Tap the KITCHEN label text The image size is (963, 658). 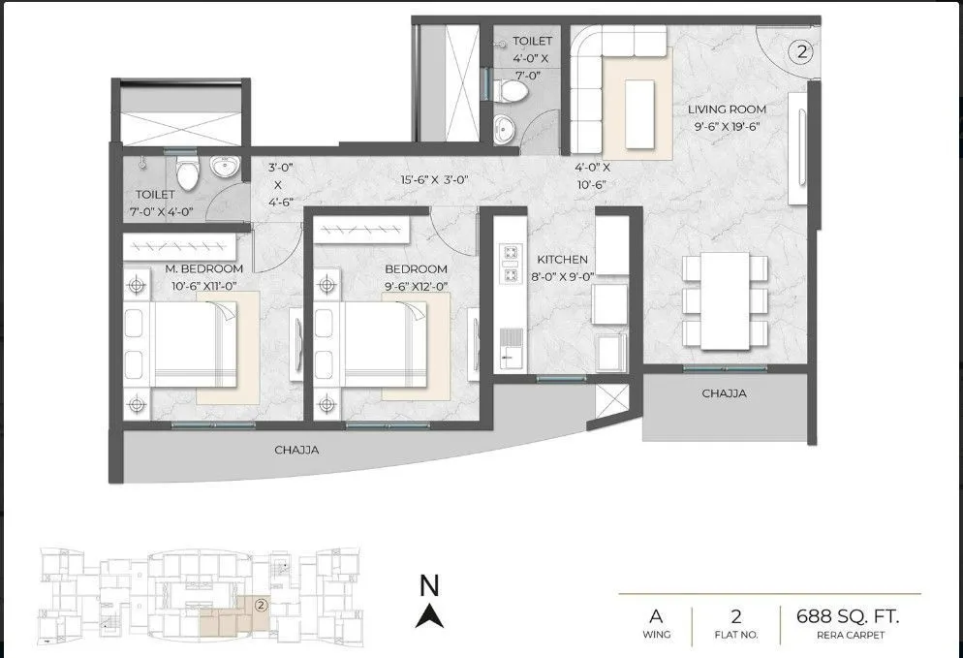[x=563, y=260]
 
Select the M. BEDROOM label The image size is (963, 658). [x=203, y=268]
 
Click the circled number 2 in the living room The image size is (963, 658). [x=800, y=52]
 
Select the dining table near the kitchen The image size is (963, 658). [x=725, y=300]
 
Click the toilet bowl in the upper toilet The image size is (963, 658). [x=511, y=90]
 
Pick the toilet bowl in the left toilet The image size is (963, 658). [x=190, y=173]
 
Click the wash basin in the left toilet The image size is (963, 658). [x=225, y=169]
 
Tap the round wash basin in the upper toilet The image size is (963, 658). [x=504, y=126]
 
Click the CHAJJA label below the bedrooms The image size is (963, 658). [x=296, y=450]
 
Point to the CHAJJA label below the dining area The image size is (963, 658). [x=725, y=393]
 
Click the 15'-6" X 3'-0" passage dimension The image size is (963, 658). [x=434, y=180]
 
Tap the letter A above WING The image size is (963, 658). [x=656, y=615]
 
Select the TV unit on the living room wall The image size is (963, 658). [x=799, y=147]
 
